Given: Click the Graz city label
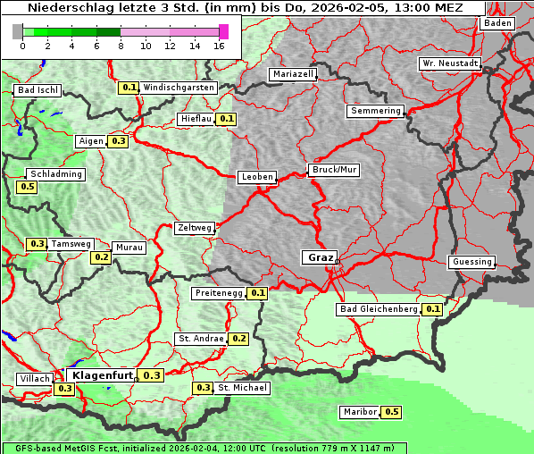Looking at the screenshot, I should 320,257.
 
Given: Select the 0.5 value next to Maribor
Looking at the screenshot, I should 391,412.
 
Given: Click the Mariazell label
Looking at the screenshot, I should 294,74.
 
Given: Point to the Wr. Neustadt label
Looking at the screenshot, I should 450,64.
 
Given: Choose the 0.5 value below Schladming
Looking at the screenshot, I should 27,187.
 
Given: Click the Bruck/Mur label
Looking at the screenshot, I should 334,169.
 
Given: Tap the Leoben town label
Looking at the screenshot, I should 257,177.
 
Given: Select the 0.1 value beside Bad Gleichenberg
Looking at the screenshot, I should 433,309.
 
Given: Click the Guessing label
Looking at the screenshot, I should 471,262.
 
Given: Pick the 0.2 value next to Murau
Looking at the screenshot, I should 101,257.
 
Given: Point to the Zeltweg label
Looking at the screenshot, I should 194,228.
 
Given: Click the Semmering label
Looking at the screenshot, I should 376,111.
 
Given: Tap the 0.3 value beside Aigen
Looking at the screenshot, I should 118,141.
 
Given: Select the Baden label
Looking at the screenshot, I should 497,23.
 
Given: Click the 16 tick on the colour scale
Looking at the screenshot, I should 220,46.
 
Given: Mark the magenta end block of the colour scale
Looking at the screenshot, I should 223,31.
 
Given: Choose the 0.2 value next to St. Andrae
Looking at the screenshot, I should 238,339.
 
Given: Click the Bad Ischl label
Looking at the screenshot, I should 38,90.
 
